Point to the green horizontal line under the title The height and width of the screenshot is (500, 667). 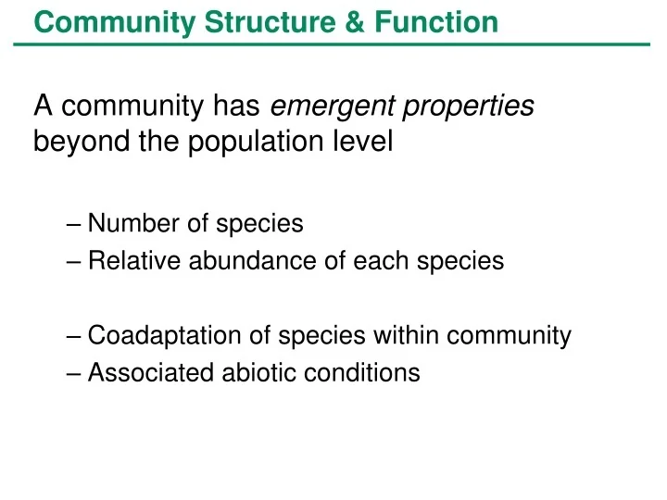tap(333, 44)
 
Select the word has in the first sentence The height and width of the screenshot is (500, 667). tap(236, 107)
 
